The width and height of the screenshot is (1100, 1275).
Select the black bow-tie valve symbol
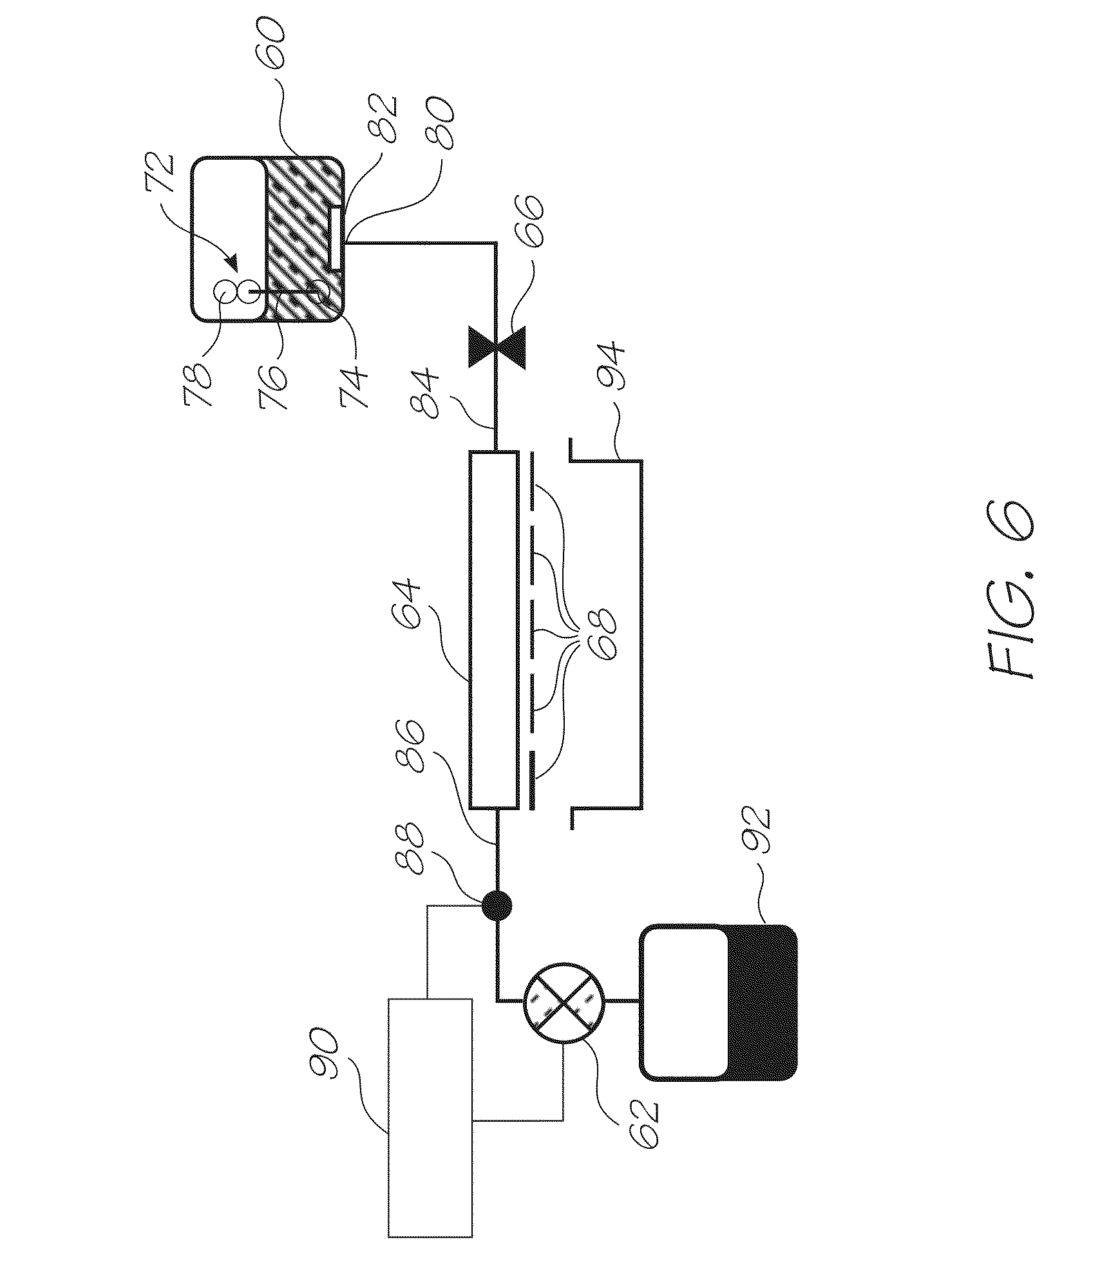click(x=497, y=348)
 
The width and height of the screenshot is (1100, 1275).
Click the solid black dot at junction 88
click(x=497, y=907)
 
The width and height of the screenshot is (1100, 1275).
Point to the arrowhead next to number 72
click(x=232, y=263)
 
